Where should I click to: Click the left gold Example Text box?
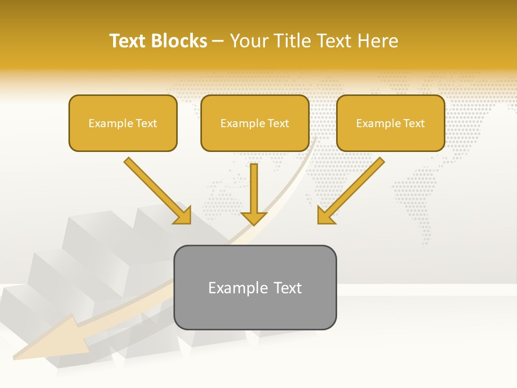[123, 123]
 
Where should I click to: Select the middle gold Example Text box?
[255, 123]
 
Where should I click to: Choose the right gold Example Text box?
[390, 123]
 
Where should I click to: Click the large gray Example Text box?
[255, 287]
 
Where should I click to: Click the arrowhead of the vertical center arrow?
[254, 218]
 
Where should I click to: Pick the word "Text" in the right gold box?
[414, 123]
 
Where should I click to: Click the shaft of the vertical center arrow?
[254, 186]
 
